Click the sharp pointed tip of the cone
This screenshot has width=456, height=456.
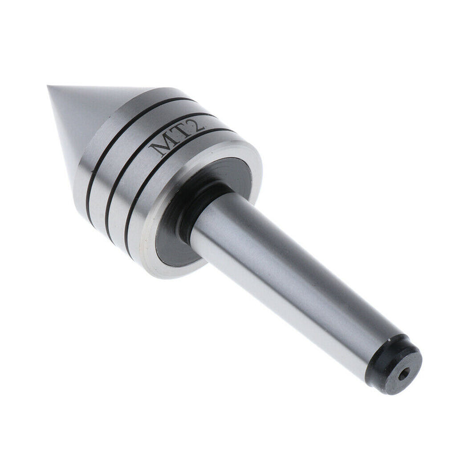(x=50, y=87)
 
